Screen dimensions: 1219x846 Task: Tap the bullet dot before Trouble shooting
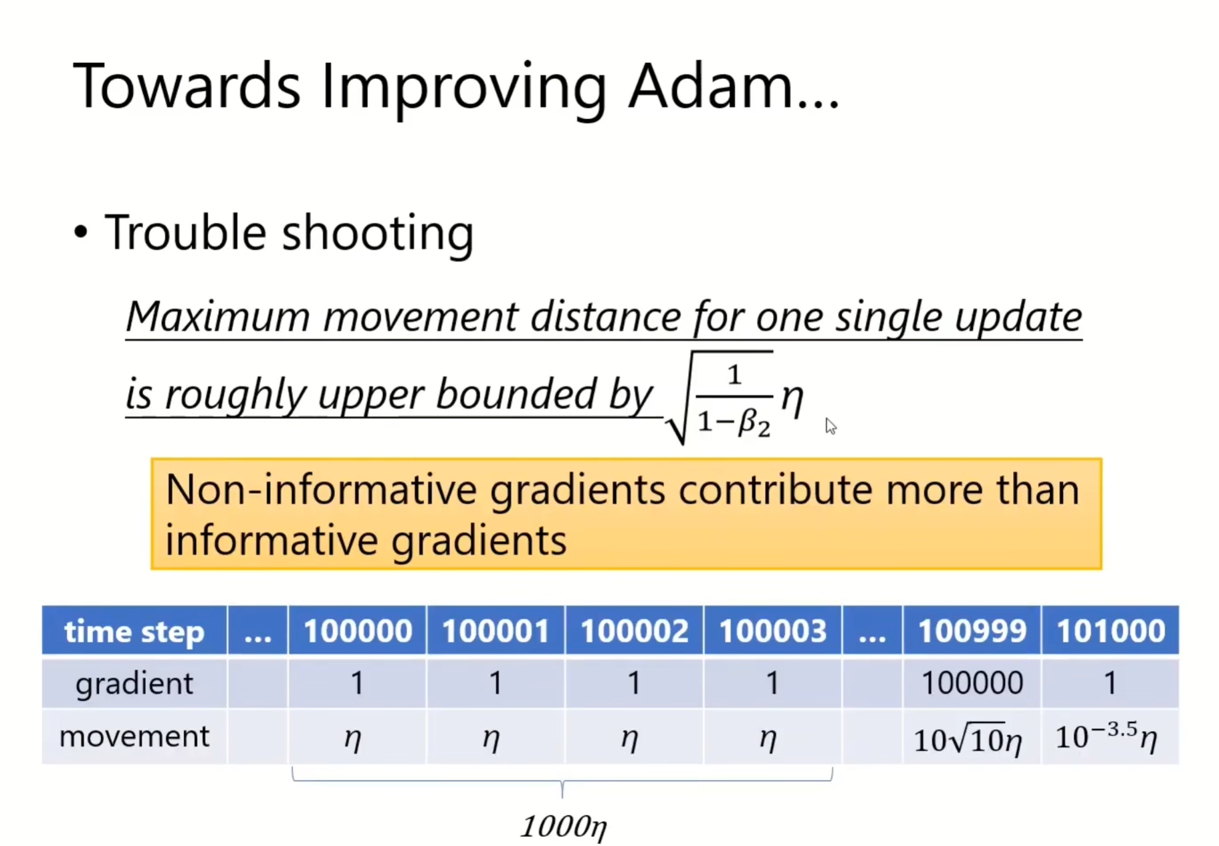pos(81,232)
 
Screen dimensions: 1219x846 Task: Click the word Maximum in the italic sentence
pos(218,316)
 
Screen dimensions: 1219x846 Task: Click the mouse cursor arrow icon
pos(830,426)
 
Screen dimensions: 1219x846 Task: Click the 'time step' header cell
pos(134,630)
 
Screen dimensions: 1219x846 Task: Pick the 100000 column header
pos(357,630)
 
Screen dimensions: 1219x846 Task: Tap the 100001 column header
pos(495,630)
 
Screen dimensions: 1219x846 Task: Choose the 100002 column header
pos(634,630)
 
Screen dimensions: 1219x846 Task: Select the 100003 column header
pos(772,630)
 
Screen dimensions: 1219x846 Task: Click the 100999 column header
pos(972,630)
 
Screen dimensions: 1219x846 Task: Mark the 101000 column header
pos(1110,630)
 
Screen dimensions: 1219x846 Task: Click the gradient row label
pos(134,683)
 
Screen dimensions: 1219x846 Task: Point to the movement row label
pos(134,736)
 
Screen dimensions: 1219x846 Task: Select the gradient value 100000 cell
pos(972,683)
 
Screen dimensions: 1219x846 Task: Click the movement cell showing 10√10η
pos(972,737)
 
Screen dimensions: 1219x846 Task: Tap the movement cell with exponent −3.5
pos(1110,737)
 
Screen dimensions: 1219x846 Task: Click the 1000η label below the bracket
pos(564,827)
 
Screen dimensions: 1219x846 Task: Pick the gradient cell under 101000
pos(1110,683)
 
